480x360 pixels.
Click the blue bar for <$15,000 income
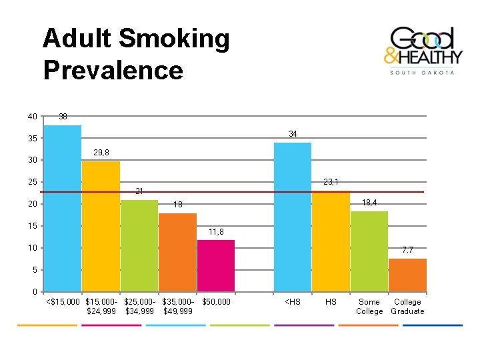(x=62, y=208)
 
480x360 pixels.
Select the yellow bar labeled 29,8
(x=101, y=226)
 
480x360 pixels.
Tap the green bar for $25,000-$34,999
(x=139, y=245)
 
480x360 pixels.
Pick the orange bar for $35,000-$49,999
(x=177, y=252)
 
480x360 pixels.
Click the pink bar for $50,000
(x=216, y=265)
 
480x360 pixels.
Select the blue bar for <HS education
(x=293, y=217)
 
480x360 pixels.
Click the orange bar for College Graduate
(x=407, y=275)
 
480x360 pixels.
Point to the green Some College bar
(x=369, y=251)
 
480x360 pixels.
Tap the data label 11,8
(x=216, y=232)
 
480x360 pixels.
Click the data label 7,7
(x=407, y=250)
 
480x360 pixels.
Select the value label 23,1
(x=331, y=182)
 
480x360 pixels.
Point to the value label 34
(x=293, y=134)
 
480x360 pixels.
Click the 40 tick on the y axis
(x=32, y=117)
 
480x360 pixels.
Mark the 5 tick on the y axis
(x=34, y=270)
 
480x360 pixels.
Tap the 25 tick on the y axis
(x=32, y=182)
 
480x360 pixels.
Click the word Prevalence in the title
(x=113, y=70)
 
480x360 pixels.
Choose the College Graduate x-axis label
(x=407, y=307)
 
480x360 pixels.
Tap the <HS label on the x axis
(x=293, y=302)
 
